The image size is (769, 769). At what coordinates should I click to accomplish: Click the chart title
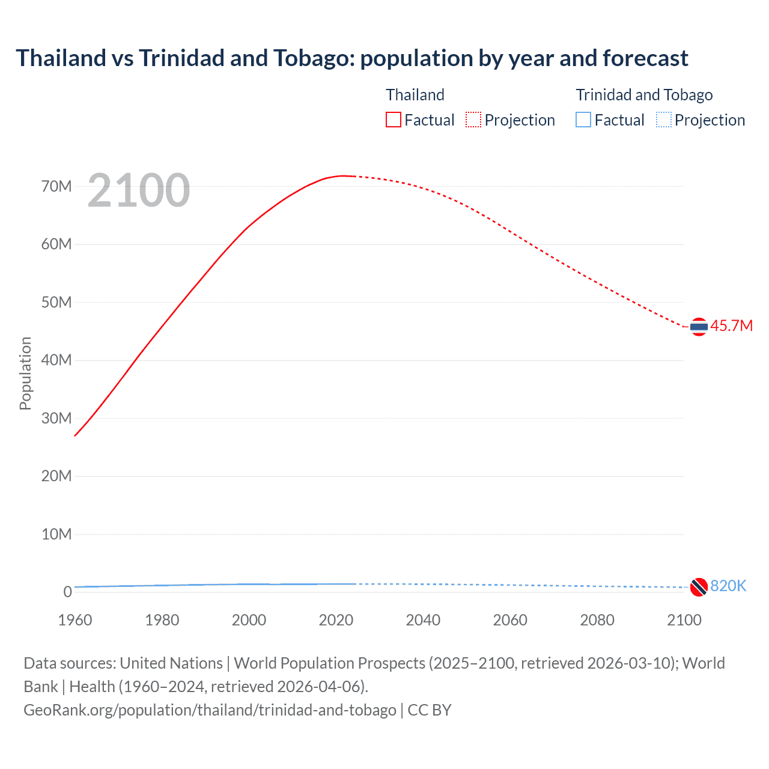351,58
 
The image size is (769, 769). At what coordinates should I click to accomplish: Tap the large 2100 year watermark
139,190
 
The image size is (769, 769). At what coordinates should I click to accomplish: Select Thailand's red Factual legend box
394,120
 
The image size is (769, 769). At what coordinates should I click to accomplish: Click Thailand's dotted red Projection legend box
473,120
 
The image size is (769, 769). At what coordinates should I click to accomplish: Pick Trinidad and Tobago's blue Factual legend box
583,120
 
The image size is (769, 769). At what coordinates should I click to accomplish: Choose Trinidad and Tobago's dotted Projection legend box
664,120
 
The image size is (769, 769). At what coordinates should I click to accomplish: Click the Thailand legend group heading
415,95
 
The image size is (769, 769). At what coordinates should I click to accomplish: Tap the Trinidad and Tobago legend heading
644,95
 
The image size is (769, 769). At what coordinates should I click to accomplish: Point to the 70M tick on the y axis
56,186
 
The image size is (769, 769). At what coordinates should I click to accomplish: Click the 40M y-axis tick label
56,360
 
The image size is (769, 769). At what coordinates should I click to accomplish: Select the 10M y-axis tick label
56,534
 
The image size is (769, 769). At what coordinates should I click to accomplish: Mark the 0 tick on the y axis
67,592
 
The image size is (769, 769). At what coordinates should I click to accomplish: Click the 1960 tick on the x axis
75,620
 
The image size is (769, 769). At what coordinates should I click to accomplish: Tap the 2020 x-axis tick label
336,620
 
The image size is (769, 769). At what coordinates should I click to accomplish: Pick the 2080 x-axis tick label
597,620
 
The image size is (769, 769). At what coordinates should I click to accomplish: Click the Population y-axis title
25,373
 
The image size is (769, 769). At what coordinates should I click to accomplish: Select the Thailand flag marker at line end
699,327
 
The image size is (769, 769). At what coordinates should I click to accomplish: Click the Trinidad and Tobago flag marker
699,587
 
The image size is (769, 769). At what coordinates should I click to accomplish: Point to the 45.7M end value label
731,326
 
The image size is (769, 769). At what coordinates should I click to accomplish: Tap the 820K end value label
728,586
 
